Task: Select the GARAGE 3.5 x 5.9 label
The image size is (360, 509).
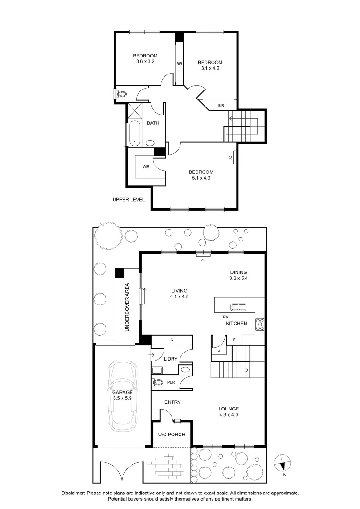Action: tap(122, 395)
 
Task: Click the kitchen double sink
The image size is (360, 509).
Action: tap(239, 307)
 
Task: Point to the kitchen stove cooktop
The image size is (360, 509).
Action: tap(260, 324)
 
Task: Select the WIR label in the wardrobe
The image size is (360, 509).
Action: tap(146, 166)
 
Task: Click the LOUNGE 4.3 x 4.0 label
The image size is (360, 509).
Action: tap(229, 412)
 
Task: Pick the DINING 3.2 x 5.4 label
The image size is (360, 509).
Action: tap(238, 275)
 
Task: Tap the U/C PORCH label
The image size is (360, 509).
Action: tap(172, 434)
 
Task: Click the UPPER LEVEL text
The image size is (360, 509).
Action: tap(129, 199)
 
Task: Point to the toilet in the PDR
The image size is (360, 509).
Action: tap(158, 382)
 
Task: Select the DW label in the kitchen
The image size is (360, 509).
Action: tap(226, 317)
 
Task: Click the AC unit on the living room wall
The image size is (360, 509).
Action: tap(204, 255)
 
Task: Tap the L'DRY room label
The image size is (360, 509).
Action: tap(170, 359)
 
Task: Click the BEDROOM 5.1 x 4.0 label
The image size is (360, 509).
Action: tap(201, 175)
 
